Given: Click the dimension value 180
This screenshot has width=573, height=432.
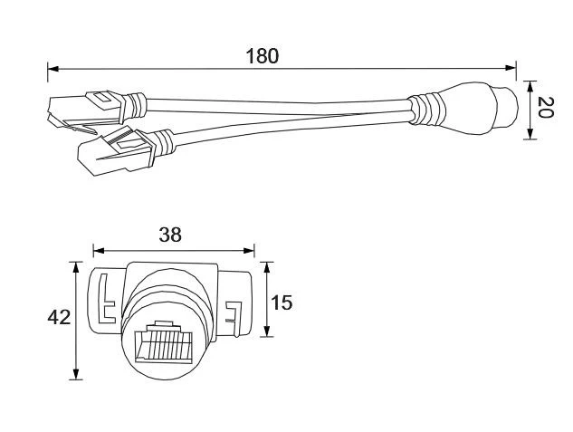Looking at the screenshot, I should click(262, 55).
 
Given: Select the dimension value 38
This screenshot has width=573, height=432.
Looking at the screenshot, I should click(170, 235).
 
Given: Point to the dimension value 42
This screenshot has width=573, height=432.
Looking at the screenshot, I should click(59, 317).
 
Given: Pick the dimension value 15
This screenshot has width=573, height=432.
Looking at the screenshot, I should click(282, 302).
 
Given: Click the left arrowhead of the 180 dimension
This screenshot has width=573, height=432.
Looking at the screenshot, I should click(53, 68).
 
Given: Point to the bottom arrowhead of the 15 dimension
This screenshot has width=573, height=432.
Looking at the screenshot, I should click(266, 332).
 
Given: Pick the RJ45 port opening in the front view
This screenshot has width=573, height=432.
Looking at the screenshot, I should click(164, 343).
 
